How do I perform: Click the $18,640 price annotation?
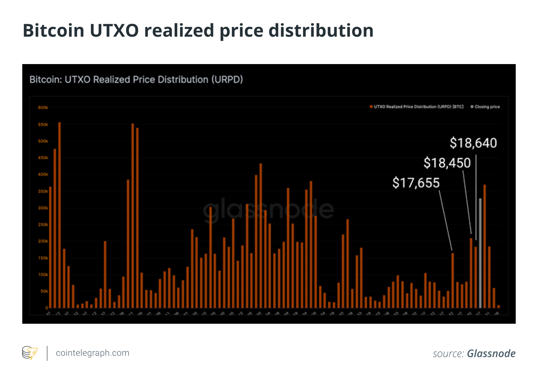click(x=473, y=143)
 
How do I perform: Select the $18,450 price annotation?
click(x=447, y=163)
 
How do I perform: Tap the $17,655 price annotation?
click(x=416, y=183)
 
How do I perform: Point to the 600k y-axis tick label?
click(x=43, y=108)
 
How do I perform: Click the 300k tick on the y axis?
click(x=43, y=208)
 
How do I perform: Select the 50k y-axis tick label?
click(x=44, y=292)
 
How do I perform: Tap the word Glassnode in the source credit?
click(x=491, y=353)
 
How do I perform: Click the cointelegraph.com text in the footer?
click(x=92, y=353)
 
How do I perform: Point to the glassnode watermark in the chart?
click(x=268, y=209)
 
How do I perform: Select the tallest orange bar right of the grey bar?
click(x=485, y=246)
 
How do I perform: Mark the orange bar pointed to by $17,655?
click(x=453, y=280)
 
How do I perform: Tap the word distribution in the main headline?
click(x=321, y=30)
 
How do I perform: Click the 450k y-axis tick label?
click(x=43, y=158)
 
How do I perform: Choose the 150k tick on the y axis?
click(x=43, y=258)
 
